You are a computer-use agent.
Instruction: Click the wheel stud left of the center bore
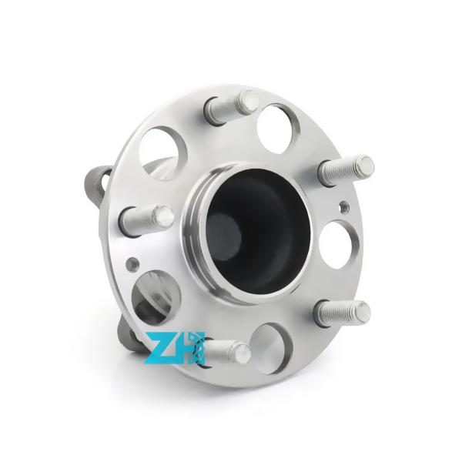(x=146, y=218)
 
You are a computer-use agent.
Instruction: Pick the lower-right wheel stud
(x=343, y=313)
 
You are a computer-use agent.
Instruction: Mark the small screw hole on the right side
(x=343, y=206)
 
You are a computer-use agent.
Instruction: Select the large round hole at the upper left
(x=162, y=152)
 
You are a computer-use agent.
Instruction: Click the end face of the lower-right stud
(x=361, y=312)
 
